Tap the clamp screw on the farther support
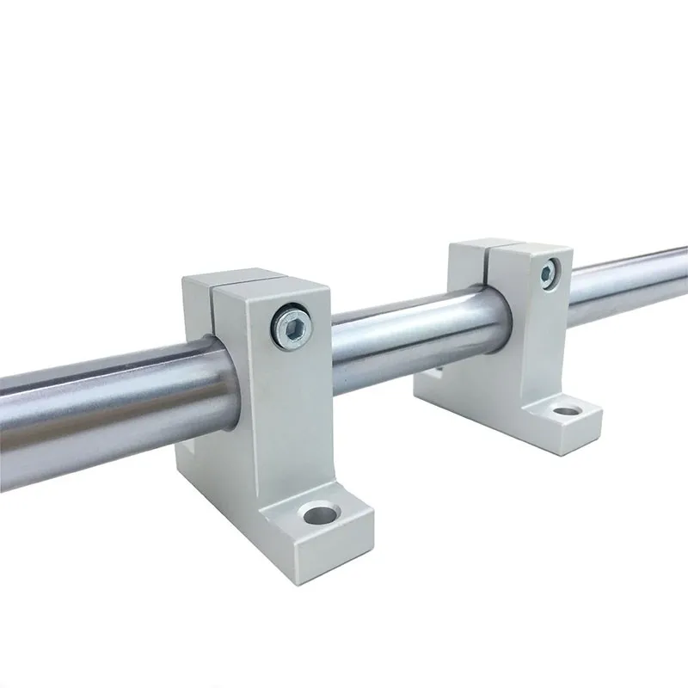pos(547,273)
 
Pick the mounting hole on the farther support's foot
pos(565,410)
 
